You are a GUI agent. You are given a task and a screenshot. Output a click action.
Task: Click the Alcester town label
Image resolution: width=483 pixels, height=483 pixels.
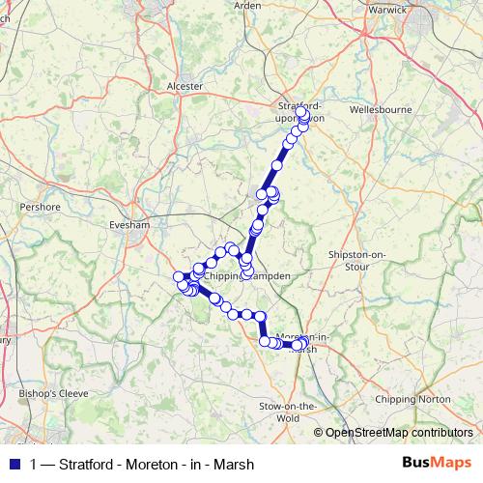tap(185, 86)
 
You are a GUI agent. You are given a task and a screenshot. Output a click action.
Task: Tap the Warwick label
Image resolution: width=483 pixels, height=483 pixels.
tap(389, 10)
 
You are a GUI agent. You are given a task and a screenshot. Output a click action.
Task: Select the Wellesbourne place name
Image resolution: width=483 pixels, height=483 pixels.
tap(378, 109)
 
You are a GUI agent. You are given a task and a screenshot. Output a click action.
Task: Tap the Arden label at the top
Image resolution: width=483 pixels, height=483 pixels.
tap(247, 6)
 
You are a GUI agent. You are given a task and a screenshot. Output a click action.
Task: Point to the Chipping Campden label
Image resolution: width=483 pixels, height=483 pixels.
tap(246, 275)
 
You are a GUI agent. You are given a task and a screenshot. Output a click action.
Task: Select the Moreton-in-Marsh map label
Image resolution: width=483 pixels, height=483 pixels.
tap(302, 342)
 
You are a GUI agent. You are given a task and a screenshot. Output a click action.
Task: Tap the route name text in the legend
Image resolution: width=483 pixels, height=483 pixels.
tap(142, 465)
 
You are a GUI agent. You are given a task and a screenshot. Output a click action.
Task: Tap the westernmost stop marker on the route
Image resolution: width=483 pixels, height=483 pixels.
tap(179, 278)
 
